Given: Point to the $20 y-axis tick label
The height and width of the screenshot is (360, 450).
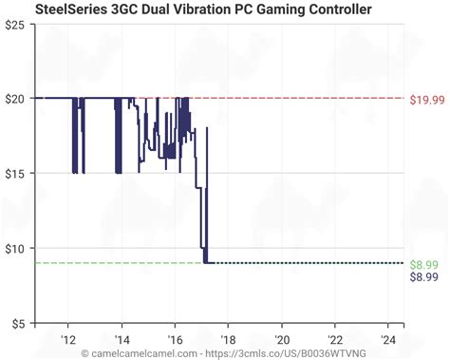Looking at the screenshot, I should pos(16,98).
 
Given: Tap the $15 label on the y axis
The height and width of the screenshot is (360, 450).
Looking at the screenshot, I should pos(16,173).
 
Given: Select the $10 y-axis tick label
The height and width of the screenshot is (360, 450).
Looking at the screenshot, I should pos(16,248).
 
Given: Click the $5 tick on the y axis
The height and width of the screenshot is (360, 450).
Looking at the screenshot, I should pos(19,323).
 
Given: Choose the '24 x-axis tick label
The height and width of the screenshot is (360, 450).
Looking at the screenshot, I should pos(388,337).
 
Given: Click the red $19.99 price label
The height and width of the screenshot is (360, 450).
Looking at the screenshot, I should pos(424,99).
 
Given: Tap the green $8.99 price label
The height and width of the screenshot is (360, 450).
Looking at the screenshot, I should pos(424,264).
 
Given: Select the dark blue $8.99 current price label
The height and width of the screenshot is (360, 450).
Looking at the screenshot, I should pos(424,277).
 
